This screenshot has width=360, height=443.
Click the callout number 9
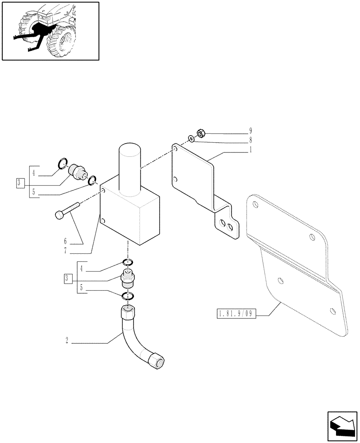pyautogui.click(x=250, y=131)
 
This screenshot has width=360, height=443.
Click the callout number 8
pyautogui.click(x=250, y=140)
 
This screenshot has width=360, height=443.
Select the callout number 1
pyautogui.click(x=250, y=150)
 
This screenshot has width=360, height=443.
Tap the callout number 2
pyautogui.click(x=67, y=341)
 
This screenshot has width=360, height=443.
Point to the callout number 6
pyautogui.click(x=65, y=241)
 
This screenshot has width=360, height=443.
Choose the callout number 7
pyautogui.click(x=65, y=251)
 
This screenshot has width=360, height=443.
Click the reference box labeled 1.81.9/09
pyautogui.click(x=235, y=314)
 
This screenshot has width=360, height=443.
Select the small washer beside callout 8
pyautogui.click(x=191, y=140)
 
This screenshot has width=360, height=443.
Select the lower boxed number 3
pyautogui.click(x=67, y=279)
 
